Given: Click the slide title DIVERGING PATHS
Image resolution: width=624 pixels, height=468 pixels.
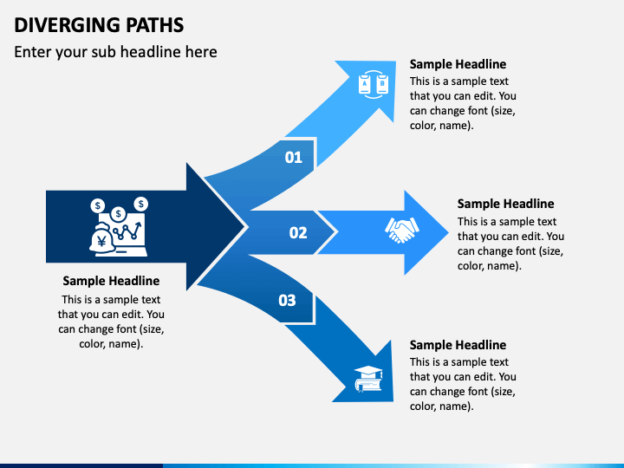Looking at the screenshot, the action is pos(99,24).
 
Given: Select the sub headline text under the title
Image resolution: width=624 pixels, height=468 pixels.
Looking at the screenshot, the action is pos(115,52).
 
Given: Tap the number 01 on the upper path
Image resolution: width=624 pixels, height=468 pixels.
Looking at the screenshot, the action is pos(293,158).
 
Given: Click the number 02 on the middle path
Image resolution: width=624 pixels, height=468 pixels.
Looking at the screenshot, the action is pos(298,233).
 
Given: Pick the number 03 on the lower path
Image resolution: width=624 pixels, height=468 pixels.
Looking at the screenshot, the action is pos(287,301).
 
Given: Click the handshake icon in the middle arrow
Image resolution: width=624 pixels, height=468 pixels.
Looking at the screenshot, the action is pos(401,230).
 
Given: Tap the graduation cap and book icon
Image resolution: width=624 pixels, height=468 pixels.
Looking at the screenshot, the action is pos(368,379).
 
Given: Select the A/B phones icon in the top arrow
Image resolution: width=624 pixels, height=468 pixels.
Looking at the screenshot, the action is pos(374,84).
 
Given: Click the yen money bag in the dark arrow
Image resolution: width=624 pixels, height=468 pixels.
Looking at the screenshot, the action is pos(102,238).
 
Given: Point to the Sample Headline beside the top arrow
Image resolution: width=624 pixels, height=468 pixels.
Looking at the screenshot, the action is pos(458,64).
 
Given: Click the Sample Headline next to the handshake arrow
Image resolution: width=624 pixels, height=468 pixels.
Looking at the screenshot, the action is pos(505,204).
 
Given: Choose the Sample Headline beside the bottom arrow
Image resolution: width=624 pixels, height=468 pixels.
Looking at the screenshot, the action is pos(458,345).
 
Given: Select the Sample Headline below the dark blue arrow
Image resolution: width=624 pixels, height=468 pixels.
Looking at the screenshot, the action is pos(111,281).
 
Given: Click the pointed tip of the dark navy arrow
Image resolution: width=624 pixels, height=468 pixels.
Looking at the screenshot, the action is pos(244,227).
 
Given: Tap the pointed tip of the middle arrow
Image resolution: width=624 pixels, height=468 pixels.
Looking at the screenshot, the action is pos(449,232).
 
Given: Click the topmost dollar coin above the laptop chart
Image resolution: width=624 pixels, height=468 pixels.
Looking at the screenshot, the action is pos(141,205).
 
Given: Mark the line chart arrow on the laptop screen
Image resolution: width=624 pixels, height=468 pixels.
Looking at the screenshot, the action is pos(127,231).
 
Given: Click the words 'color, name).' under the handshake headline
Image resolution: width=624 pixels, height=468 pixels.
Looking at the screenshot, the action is pos(489,266).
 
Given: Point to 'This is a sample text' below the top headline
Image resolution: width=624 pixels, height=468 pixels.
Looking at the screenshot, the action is pos(458,81).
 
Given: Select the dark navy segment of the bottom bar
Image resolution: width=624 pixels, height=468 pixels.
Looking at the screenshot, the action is pos(81,465).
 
